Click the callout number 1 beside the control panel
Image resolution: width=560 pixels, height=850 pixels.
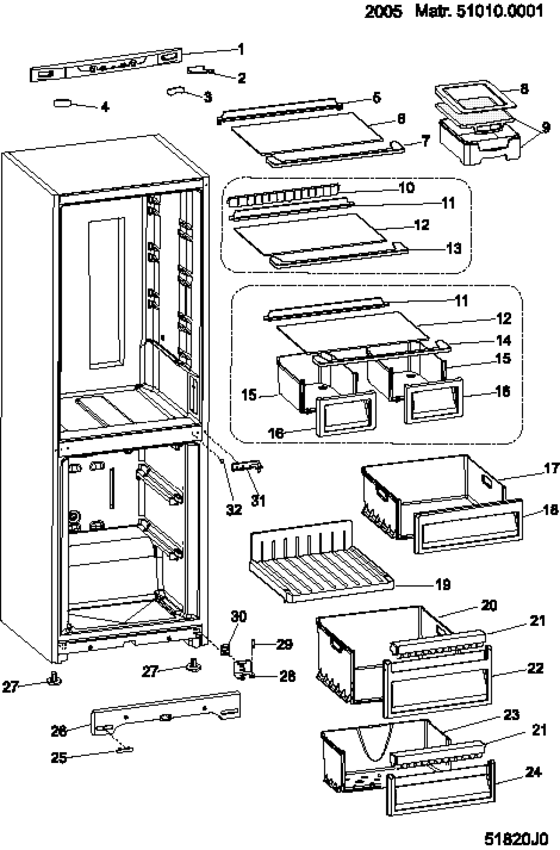[241, 49]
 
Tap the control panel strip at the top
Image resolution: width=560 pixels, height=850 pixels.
[106, 65]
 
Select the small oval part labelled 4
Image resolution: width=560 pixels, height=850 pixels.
[62, 103]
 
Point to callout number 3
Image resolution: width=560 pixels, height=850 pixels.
[208, 97]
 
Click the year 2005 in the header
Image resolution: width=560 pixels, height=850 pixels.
[383, 12]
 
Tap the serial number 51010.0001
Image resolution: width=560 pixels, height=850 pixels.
[500, 11]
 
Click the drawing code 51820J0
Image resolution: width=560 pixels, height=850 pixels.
[516, 838]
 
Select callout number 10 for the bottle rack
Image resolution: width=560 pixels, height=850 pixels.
[406, 187]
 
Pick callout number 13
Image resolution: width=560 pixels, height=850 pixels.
[454, 249]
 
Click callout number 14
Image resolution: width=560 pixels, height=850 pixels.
[504, 340]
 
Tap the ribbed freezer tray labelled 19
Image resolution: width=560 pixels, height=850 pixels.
[321, 562]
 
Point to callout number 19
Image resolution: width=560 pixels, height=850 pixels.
[442, 585]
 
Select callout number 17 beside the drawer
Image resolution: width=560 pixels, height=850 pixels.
[552, 468]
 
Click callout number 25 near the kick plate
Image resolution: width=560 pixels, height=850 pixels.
[59, 758]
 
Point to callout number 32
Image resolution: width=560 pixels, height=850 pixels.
[234, 510]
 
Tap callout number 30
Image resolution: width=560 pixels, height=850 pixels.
[239, 617]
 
